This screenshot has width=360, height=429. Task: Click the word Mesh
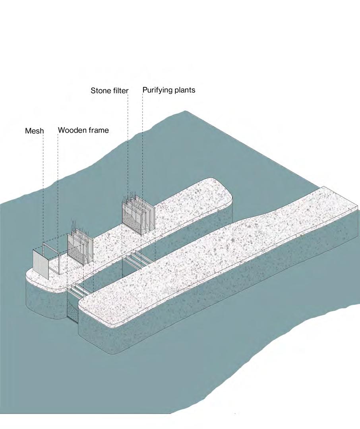click(x=35, y=131)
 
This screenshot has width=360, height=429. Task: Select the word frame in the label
click(x=98, y=130)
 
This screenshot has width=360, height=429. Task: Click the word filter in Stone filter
click(x=120, y=91)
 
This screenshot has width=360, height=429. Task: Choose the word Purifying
click(x=158, y=90)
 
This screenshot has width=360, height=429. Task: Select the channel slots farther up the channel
click(x=137, y=260)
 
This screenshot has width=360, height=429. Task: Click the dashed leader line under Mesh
click(x=43, y=191)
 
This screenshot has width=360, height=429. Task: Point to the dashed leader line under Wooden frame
click(x=58, y=191)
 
